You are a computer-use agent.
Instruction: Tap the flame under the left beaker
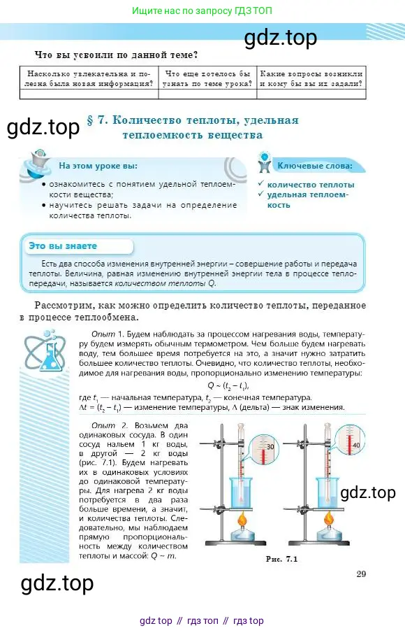click(242, 520)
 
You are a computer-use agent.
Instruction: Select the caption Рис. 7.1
click(281, 560)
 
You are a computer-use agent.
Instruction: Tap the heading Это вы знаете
click(63, 246)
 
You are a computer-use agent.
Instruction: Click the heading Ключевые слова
click(314, 166)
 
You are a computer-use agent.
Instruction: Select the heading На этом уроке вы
click(98, 166)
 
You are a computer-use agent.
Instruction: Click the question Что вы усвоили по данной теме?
click(116, 54)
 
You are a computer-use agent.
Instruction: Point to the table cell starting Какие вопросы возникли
click(311, 78)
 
